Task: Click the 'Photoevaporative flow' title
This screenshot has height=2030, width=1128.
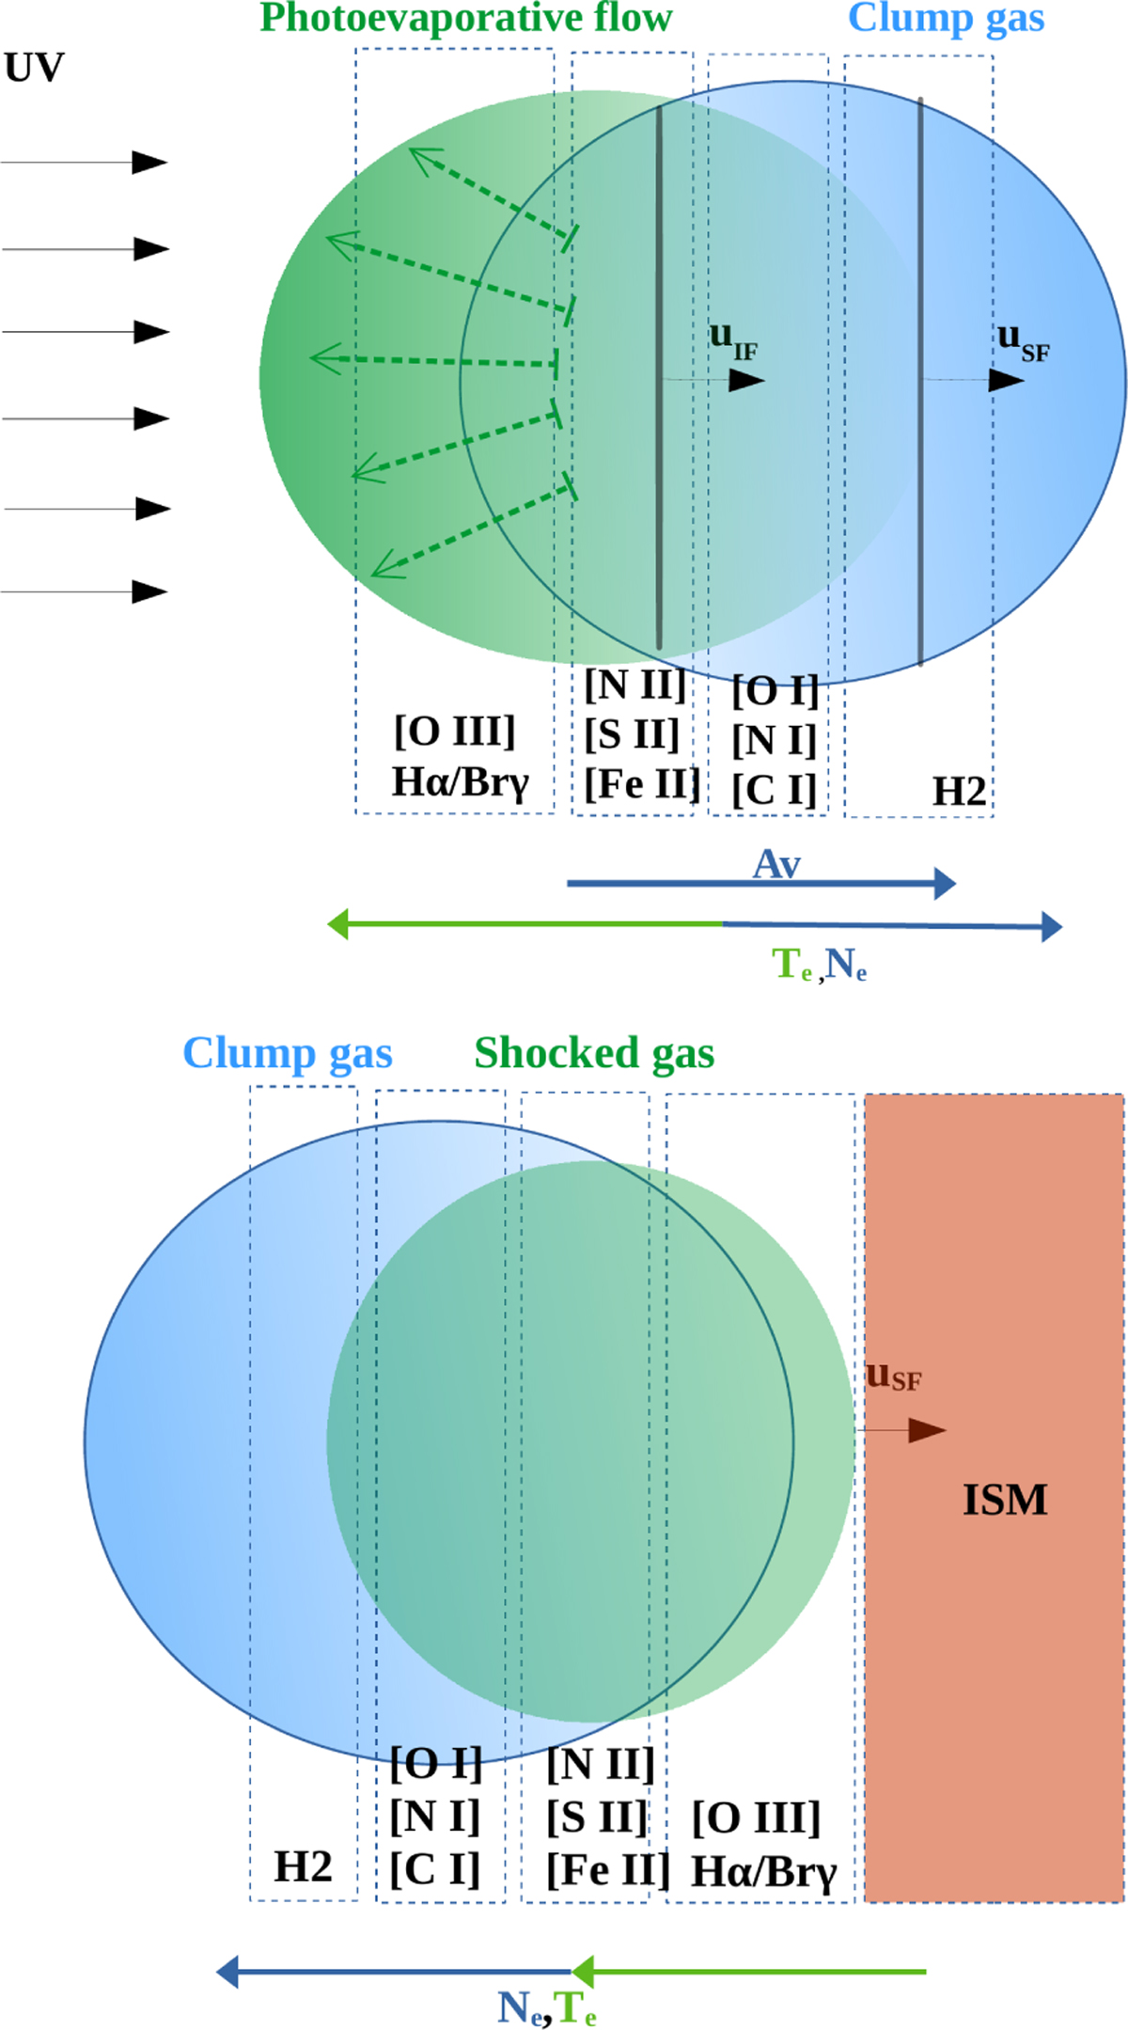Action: coord(466,19)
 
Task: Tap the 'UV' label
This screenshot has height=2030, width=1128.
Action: coord(35,69)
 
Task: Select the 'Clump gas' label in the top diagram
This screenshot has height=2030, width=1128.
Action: coord(947,19)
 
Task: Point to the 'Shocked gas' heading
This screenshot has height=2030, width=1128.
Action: coord(594,1054)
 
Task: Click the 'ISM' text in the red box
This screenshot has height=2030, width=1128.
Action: coord(1005,1500)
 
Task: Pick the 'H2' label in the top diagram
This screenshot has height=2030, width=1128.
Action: coord(960,792)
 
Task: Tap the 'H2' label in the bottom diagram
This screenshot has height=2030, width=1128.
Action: coord(303,1866)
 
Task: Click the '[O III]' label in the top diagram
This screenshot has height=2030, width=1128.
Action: coord(455,732)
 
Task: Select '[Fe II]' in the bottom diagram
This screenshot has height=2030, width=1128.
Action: coord(608,1869)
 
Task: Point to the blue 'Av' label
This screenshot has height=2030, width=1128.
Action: coord(777,864)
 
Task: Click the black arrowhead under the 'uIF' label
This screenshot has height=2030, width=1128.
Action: coord(747,380)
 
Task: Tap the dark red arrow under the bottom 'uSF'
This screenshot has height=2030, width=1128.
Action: coord(901,1430)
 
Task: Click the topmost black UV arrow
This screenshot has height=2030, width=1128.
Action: coord(85,163)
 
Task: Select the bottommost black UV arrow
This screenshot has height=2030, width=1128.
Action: coord(85,591)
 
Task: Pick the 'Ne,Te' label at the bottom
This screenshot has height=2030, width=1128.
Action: coord(547,2008)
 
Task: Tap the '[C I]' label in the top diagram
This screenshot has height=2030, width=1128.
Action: coord(775,790)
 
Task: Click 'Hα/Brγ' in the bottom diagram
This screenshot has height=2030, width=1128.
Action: coord(763,1872)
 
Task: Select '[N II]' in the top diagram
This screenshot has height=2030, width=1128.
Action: coord(635,685)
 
